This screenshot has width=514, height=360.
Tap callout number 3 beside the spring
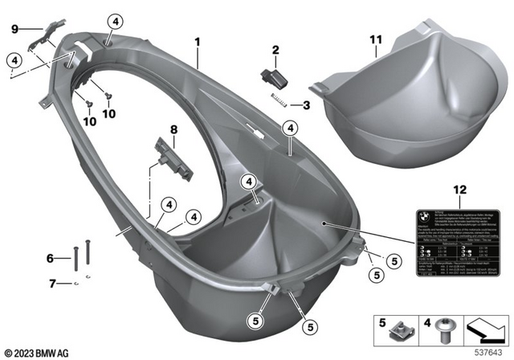[305, 104]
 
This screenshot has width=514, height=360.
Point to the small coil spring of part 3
[278, 100]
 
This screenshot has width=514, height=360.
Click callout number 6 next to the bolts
[50, 258]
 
